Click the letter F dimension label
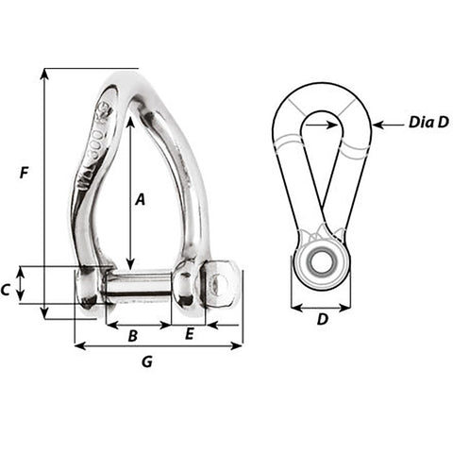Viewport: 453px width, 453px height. tap(25, 173)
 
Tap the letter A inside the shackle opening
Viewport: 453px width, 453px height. tap(140, 199)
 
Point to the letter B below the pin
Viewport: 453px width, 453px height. tap(133, 335)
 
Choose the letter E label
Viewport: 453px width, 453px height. tap(189, 334)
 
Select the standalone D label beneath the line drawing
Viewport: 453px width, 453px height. tap(322, 319)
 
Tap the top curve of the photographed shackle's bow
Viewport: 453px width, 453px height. tap(127, 77)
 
